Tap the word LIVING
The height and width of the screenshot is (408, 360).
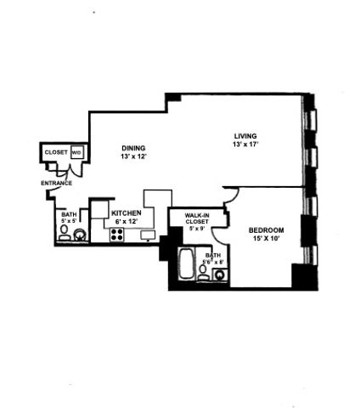246,136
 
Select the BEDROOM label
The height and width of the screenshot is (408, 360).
266,230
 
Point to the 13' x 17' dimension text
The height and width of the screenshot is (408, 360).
246,144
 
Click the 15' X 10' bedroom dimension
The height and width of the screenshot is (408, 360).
266,239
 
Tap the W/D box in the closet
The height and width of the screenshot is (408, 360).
76,153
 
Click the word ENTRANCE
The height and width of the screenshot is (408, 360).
56,183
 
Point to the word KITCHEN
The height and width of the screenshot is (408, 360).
127,213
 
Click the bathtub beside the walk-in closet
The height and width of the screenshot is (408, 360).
187,265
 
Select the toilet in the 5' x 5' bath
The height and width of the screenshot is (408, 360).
65,233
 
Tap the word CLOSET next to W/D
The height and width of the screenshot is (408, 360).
56,152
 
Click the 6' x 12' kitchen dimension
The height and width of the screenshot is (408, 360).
127,222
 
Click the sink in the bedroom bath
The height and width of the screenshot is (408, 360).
219,273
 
